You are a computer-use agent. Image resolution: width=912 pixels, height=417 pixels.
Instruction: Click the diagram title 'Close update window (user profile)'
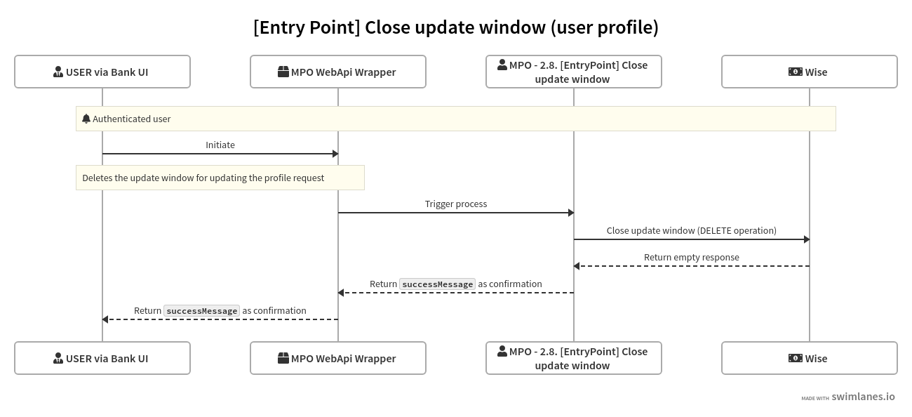pyautogui.click(x=456, y=27)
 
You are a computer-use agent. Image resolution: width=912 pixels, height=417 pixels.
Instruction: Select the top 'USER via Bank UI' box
pyautogui.click(x=102, y=72)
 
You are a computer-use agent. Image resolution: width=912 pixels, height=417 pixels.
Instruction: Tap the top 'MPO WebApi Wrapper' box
pyautogui.click(x=338, y=72)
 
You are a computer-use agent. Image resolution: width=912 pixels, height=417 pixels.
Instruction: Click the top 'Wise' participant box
pyautogui.click(x=810, y=72)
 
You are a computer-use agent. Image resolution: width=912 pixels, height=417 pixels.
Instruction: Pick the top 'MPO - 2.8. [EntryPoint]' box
pyautogui.click(x=574, y=72)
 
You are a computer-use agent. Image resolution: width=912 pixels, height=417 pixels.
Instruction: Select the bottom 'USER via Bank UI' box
pyautogui.click(x=102, y=358)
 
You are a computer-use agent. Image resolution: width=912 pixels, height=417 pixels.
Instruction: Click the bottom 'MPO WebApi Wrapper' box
pyautogui.click(x=338, y=358)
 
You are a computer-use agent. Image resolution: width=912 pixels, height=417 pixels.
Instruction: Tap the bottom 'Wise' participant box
pyautogui.click(x=810, y=358)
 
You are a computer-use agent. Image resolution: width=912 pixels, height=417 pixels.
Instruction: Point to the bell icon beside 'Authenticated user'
pyautogui.click(x=86, y=119)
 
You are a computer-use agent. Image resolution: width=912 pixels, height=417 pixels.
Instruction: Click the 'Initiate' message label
pyautogui.click(x=220, y=145)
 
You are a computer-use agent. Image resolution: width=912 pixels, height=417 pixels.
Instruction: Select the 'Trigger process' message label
pyautogui.click(x=456, y=204)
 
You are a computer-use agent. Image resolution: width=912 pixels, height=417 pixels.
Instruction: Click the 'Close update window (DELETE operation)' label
pyautogui.click(x=692, y=230)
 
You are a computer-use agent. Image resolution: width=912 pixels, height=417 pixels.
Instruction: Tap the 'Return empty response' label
pyautogui.click(x=692, y=257)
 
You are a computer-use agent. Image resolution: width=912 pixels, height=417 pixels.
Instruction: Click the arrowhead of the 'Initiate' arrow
pyautogui.click(x=335, y=154)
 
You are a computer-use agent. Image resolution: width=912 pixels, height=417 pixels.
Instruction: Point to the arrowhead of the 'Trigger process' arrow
pyautogui.click(x=571, y=213)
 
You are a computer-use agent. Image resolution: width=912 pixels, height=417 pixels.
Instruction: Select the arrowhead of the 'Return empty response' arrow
pyautogui.click(x=577, y=266)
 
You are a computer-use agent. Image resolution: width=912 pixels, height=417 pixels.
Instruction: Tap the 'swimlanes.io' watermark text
pyautogui.click(x=863, y=397)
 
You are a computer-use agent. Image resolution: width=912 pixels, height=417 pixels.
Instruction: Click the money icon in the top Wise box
pyautogui.click(x=795, y=72)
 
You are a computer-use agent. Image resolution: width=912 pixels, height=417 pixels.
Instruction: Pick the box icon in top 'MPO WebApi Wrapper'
pyautogui.click(x=283, y=72)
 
